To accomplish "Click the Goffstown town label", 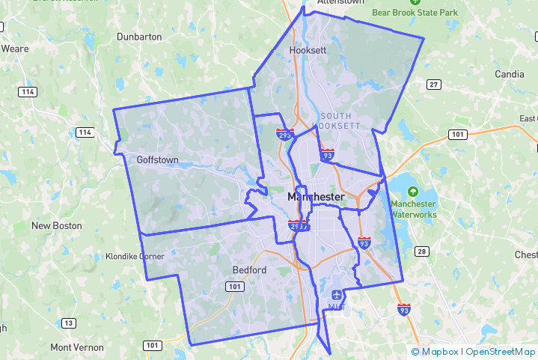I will (x=158, y=159).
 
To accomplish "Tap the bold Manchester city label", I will (x=316, y=197).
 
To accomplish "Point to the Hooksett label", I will (x=308, y=50).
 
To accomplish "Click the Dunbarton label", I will (x=139, y=36).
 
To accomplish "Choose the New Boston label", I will (x=57, y=225).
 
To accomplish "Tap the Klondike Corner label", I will (x=135, y=256).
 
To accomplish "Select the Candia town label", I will (x=510, y=74).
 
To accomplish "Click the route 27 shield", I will (x=433, y=85).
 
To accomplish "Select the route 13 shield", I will (x=69, y=323).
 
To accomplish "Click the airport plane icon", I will (x=336, y=293).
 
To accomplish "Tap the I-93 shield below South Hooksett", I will (x=327, y=155).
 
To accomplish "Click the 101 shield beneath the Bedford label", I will (x=236, y=287).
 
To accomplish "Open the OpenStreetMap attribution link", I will (x=501, y=352).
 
